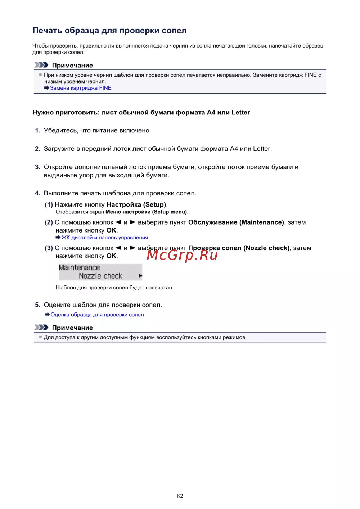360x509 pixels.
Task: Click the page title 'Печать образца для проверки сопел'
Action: pyautogui.click(x=109, y=31)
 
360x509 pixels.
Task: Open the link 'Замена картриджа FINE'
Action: pyautogui.click(x=81, y=88)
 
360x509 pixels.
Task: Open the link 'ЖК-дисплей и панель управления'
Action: pyautogui.click(x=104, y=238)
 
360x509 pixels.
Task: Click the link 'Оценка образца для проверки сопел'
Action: pyautogui.click(x=97, y=315)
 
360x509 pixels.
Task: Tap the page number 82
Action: pyautogui.click(x=180, y=496)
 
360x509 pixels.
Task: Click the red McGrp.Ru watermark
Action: pyautogui.click(x=182, y=255)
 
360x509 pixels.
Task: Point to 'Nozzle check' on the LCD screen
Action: pyautogui.click(x=100, y=276)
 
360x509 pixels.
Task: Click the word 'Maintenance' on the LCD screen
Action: pyautogui.click(x=79, y=267)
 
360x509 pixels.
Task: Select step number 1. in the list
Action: pyautogui.click(x=37, y=130)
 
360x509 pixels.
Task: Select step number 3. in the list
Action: pyautogui.click(x=37, y=167)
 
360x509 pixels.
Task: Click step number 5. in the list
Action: pyautogui.click(x=37, y=305)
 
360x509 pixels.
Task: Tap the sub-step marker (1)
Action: pyautogui.click(x=49, y=204)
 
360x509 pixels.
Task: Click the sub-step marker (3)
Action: pyautogui.click(x=49, y=248)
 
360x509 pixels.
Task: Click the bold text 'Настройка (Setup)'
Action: pyautogui.click(x=136, y=204)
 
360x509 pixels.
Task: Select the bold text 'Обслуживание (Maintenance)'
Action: pyautogui.click(x=236, y=222)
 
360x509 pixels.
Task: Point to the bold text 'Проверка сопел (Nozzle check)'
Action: pyautogui.click(x=239, y=248)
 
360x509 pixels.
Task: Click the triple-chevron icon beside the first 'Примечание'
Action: pyautogui.click(x=41, y=65)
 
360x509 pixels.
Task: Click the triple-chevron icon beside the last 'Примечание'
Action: pyautogui.click(x=41, y=328)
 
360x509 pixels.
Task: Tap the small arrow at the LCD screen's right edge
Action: pyautogui.click(x=140, y=276)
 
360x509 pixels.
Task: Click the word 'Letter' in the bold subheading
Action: pyautogui.click(x=241, y=112)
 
